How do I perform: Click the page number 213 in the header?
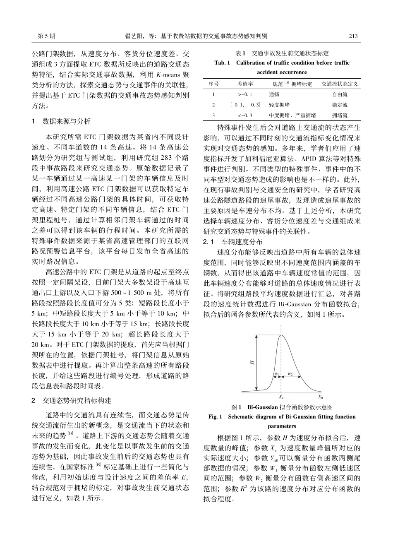click(x=353, y=36)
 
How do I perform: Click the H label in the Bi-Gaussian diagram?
click(x=252, y=362)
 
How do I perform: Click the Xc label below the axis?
click(x=281, y=397)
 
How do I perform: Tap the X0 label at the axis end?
click(x=320, y=397)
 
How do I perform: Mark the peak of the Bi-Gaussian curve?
click(x=281, y=335)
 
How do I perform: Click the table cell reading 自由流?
click(x=339, y=94)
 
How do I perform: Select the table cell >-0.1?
click(x=240, y=94)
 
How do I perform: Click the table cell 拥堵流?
click(x=339, y=115)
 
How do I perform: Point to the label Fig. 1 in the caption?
click(x=217, y=417)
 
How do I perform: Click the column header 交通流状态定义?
click(x=339, y=84)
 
